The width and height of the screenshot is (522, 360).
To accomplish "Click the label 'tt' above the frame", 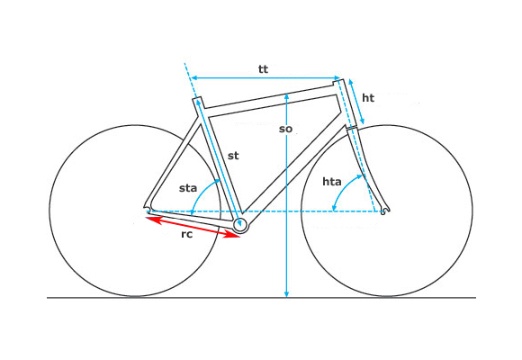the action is [263, 69].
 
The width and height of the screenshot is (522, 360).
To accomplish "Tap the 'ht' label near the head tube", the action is [368, 98].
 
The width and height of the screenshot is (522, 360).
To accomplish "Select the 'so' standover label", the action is [285, 129].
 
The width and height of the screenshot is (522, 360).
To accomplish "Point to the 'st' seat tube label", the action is [233, 156].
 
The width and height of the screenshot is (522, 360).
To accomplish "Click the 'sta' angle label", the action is [188, 188].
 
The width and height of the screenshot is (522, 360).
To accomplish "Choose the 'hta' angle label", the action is [332, 182].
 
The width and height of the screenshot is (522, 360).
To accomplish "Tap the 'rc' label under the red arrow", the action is [187, 234].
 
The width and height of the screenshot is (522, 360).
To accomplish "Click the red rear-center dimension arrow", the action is [193, 227].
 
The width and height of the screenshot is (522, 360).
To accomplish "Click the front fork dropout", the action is [384, 210].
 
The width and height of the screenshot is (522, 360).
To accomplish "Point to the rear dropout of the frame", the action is [148, 209].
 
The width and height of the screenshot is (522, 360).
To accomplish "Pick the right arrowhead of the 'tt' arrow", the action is [337, 77].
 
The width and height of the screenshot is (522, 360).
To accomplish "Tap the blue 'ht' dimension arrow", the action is [356, 101].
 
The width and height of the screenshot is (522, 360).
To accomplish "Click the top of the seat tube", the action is [197, 99].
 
